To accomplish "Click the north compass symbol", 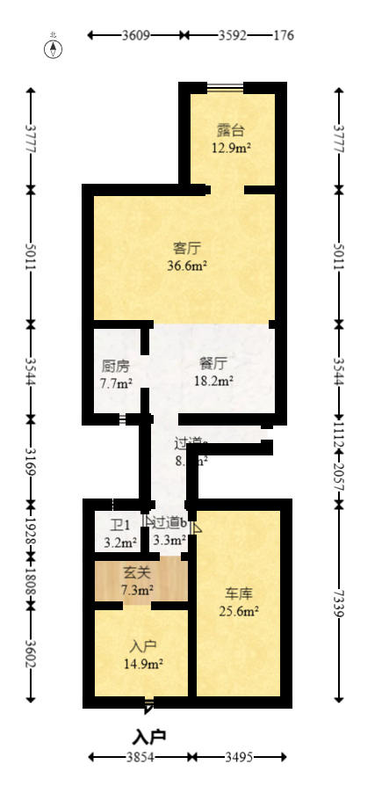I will tap(54, 47).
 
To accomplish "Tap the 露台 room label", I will tap(231, 131).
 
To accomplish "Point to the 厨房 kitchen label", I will tap(116, 366).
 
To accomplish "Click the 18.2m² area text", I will tap(213, 381).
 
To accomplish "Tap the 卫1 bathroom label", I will tap(119, 525).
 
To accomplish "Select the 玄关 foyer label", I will tap(136, 572).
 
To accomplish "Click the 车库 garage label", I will tap(238, 593).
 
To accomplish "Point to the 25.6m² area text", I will tap(238, 611).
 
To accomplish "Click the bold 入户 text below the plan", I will tap(149, 736).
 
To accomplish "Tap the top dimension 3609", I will tap(136, 36).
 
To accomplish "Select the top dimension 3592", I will tap(232, 36).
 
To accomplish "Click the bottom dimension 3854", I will tap(139, 757).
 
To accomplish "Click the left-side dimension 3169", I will tap(32, 460).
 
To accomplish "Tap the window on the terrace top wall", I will tap(225, 87).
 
